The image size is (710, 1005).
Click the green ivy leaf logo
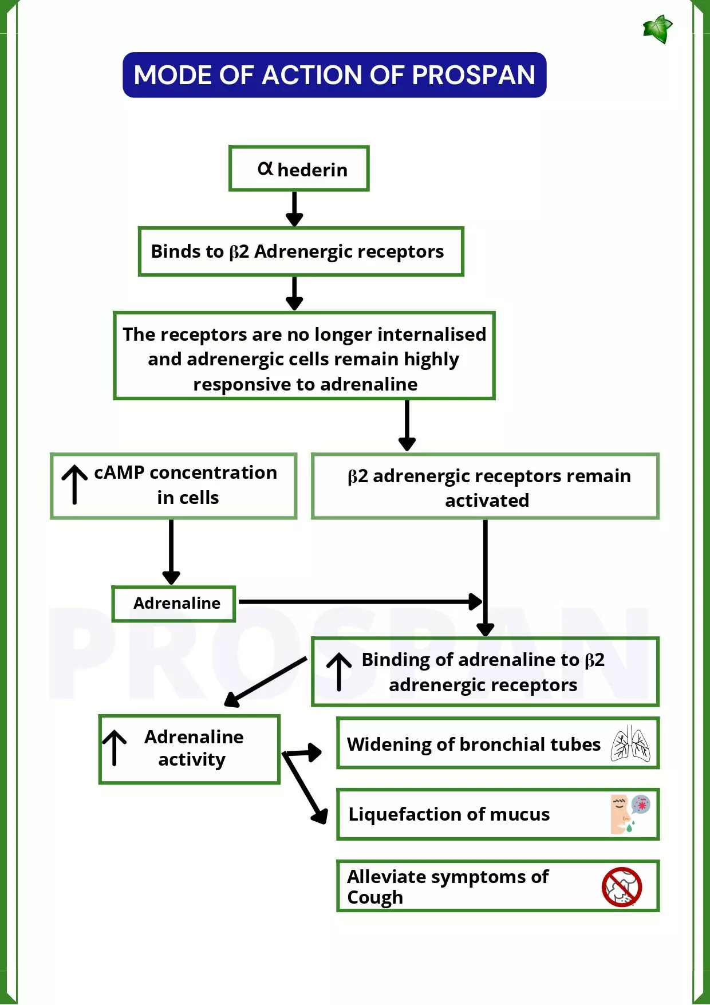pyautogui.click(x=657, y=29)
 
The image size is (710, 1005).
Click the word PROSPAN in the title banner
pyautogui.click(x=474, y=75)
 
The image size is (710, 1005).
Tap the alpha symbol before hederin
pyautogui.click(x=265, y=168)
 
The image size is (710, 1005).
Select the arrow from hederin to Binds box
pyautogui.click(x=294, y=208)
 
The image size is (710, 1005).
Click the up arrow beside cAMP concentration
pyautogui.click(x=74, y=484)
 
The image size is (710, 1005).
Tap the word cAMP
pyautogui.click(x=119, y=472)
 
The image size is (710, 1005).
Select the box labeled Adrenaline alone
pyautogui.click(x=174, y=604)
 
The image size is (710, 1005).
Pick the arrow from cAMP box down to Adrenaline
pyautogui.click(x=171, y=551)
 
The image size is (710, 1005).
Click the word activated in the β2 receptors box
pyautogui.click(x=487, y=500)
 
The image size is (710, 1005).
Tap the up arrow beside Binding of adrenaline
pyautogui.click(x=339, y=671)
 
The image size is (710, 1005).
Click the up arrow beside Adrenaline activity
pyautogui.click(x=115, y=747)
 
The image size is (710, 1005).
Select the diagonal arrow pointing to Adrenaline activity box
pyautogui.click(x=265, y=682)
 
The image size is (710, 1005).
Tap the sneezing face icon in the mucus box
pyautogui.click(x=630, y=814)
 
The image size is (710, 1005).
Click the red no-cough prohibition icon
pyautogui.click(x=622, y=887)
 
